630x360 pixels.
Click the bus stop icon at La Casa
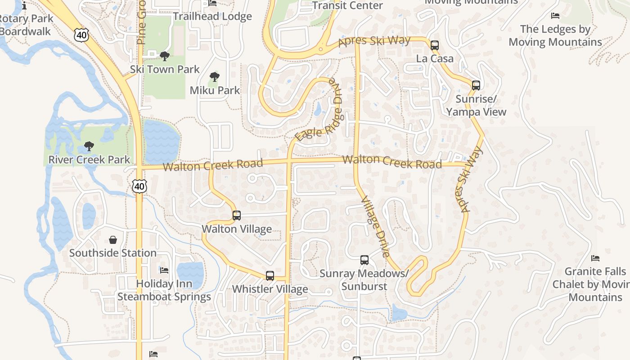[434, 45]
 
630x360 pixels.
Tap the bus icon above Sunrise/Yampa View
[476, 85]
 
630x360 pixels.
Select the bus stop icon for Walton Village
[237, 216]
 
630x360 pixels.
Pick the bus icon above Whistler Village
[270, 276]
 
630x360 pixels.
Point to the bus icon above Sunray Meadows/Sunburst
[364, 260]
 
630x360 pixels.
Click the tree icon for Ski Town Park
[165, 56]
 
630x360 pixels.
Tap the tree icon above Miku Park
[215, 77]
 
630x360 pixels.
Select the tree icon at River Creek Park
[89, 146]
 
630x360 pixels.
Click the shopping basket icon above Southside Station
[112, 240]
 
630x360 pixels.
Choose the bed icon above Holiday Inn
[164, 270]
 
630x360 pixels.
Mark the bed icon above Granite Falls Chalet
[595, 258]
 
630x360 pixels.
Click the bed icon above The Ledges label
[555, 16]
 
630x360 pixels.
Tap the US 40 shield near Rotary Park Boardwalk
[82, 35]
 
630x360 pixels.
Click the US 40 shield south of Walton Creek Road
[139, 185]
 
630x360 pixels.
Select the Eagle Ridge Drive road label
[320, 110]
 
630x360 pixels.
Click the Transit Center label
[347, 5]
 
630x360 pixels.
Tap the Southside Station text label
[112, 253]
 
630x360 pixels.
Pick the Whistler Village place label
[270, 289]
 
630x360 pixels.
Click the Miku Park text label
[215, 90]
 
